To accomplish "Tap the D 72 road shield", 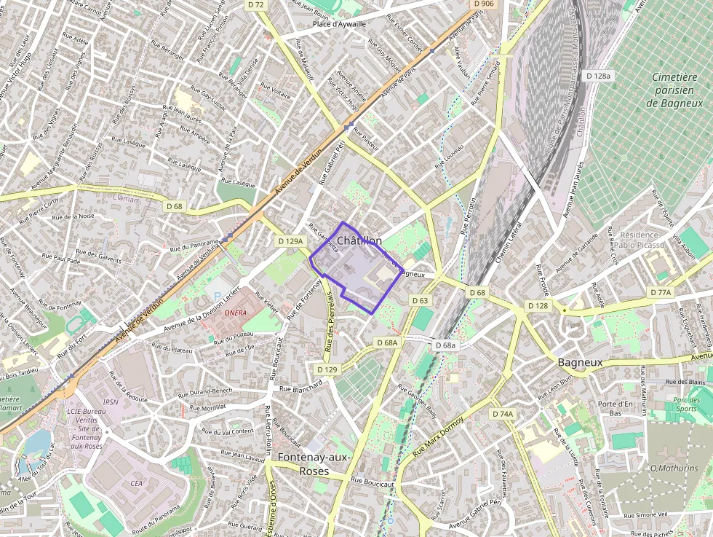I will [256, 4].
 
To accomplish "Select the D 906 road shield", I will [483, 4].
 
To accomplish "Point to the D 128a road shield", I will [599, 76].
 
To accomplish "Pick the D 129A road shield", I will [290, 240].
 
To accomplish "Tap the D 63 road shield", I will [420, 300].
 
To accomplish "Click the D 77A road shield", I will [661, 292].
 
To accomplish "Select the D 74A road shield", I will [503, 414].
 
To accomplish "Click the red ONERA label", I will [236, 313].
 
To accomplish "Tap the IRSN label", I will [111, 401].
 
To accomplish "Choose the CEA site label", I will [136, 482].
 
